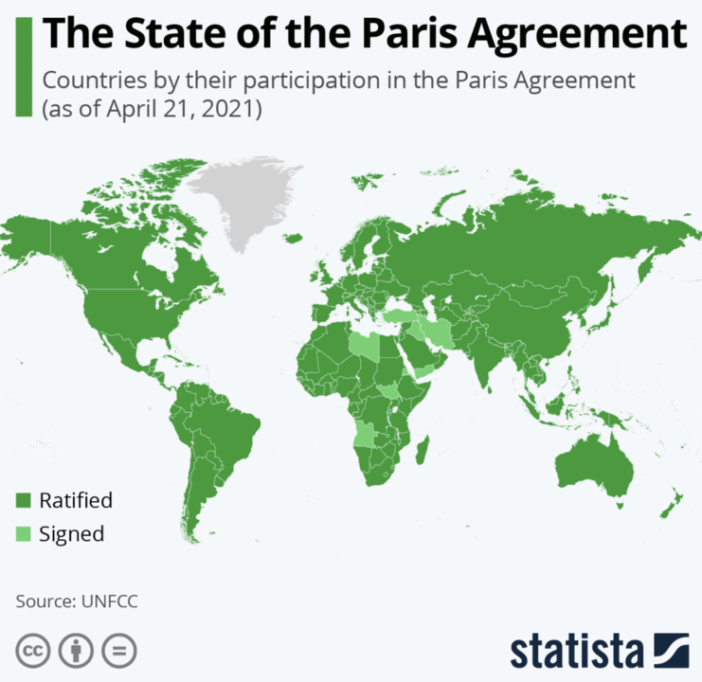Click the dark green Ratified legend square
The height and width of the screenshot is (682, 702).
point(23,500)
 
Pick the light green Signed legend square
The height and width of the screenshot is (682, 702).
point(23,533)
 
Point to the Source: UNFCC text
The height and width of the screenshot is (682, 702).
point(70,601)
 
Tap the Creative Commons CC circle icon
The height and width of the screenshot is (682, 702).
point(33,652)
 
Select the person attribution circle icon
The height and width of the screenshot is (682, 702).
point(77,652)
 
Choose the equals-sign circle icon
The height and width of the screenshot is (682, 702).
point(119,652)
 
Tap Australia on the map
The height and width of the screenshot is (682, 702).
point(594,464)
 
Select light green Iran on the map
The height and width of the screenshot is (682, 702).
point(438,332)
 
